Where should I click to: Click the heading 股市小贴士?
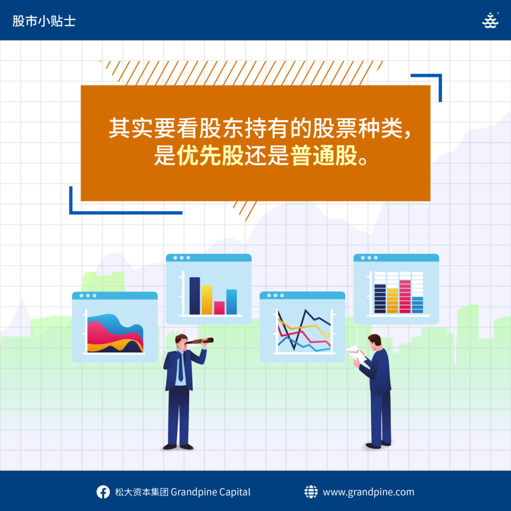point(44,21)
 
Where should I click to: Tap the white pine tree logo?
point(490,20)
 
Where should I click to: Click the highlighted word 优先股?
point(210,156)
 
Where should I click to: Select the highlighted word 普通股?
point(324,156)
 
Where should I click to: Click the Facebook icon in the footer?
point(103,492)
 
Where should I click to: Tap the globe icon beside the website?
point(311,492)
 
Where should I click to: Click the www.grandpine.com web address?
point(369,492)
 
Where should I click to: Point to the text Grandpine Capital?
point(211,492)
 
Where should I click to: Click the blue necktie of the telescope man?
point(181,367)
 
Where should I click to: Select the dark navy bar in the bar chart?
point(195,295)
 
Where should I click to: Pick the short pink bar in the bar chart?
point(220,307)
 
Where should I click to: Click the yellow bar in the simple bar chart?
point(207,300)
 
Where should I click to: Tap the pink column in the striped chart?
point(405,296)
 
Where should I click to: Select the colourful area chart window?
point(115,327)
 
